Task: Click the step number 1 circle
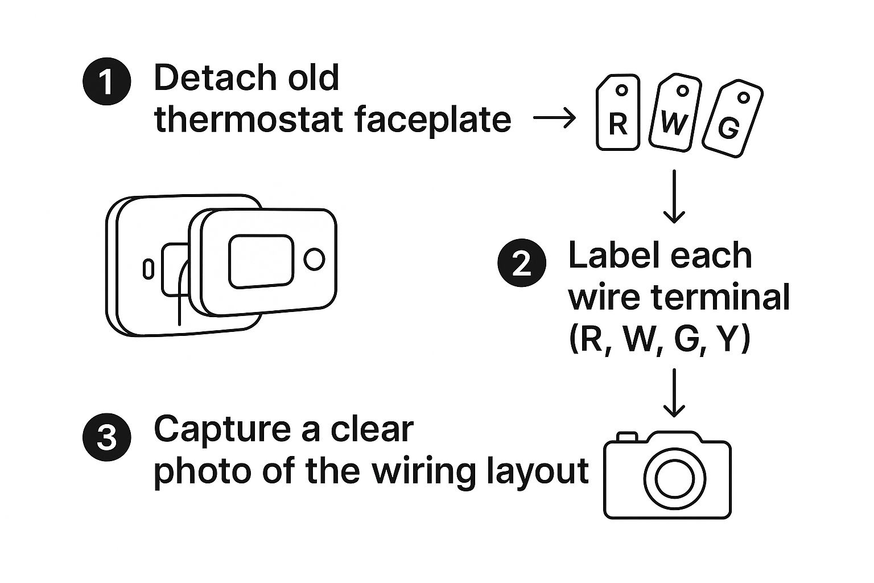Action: (x=107, y=83)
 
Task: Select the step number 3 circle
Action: (x=107, y=438)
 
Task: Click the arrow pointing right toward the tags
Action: (x=554, y=119)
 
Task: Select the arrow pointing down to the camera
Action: (x=674, y=393)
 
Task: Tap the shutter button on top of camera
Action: (x=627, y=437)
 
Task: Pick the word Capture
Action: (x=224, y=430)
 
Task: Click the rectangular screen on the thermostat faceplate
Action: (x=261, y=261)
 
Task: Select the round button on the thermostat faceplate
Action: (x=314, y=259)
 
